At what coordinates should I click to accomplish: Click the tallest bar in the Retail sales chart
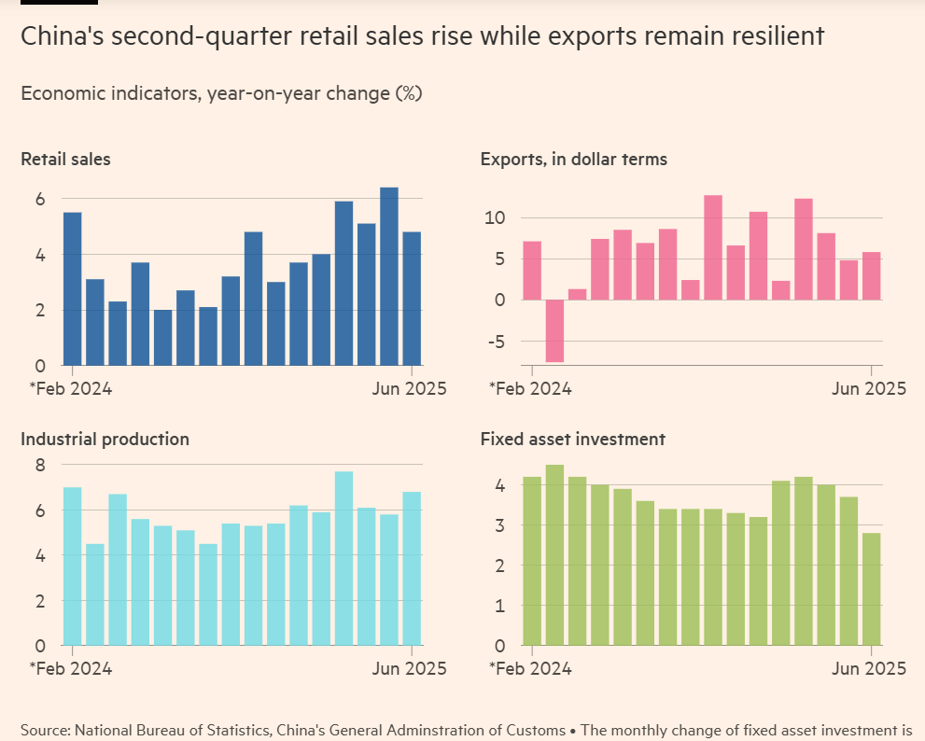coord(389,276)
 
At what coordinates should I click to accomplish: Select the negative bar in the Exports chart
coord(554,330)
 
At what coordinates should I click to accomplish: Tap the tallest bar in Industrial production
coord(343,558)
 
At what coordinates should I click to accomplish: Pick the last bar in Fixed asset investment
coord(871,589)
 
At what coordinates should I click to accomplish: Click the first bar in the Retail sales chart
coord(72,288)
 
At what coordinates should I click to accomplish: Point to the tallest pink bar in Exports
coord(713,247)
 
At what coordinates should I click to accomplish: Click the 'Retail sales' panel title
coord(65,160)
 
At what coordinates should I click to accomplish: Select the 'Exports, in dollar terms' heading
coord(573,160)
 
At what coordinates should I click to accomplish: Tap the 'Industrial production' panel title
coord(105,439)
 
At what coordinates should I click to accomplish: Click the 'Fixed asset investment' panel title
coord(572,439)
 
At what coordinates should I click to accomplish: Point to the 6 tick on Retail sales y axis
coord(40,199)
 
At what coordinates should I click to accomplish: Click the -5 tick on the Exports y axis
coord(498,342)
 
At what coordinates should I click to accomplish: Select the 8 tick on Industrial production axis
coord(40,466)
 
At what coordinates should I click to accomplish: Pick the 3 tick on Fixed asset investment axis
coord(499,525)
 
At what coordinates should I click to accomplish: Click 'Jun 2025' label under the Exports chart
coord(869,389)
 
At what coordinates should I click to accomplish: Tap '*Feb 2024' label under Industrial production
coord(71,668)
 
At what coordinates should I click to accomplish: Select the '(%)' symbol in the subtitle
coord(409,93)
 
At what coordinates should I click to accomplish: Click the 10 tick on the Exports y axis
coord(494,218)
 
